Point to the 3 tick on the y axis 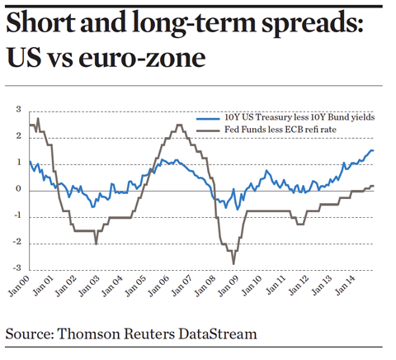pyautogui.click(x=18, y=110)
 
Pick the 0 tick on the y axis pyautogui.click(x=18, y=190)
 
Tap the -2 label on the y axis pyautogui.click(x=16, y=243)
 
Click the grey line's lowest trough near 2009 pyautogui.click(x=233, y=263)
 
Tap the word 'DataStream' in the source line pyautogui.click(x=219, y=334)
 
